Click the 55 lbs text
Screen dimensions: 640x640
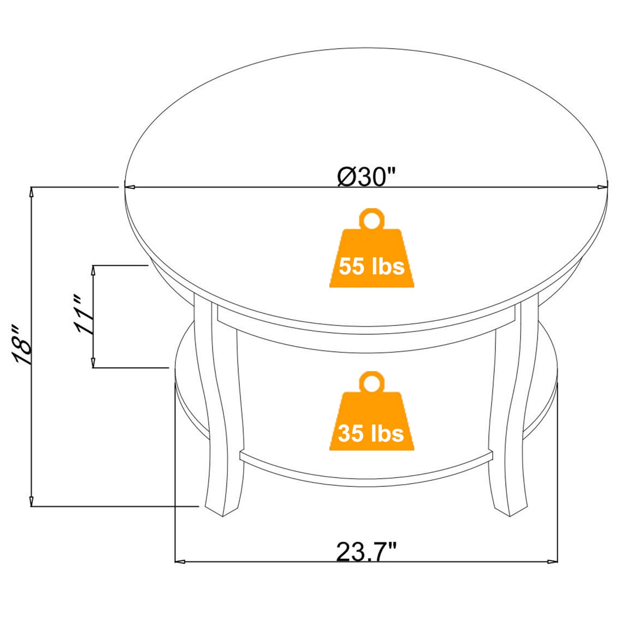click(x=371, y=267)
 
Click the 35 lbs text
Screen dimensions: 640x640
click(x=371, y=433)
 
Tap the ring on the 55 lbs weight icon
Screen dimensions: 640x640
click(x=372, y=219)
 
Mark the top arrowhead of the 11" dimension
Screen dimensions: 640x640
click(x=93, y=270)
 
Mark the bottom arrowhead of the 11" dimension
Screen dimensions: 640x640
click(x=93, y=363)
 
